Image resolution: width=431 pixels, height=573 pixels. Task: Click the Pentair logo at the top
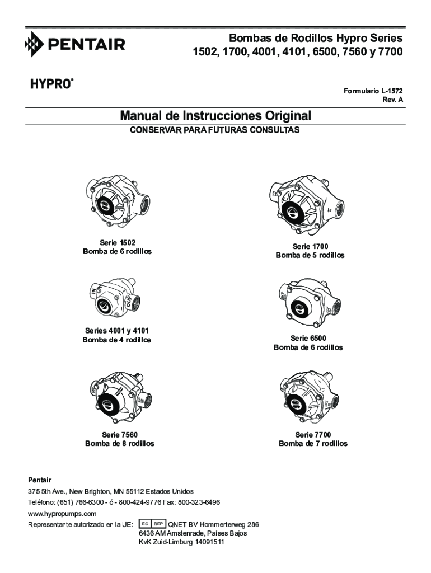[75, 44]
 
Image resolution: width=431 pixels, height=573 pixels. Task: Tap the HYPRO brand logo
[51, 84]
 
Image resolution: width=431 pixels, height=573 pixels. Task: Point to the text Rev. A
[392, 100]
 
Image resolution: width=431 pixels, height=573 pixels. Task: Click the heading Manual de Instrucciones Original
[215, 116]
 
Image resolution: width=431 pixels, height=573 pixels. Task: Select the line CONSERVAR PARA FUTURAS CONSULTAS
[215, 130]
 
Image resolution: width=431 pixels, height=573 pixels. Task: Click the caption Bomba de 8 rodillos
[120, 444]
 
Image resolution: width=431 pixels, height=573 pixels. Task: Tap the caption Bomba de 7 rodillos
[313, 444]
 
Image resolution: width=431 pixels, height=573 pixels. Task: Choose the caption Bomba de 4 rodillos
[116, 340]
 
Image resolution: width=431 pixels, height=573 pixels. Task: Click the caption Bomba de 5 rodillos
[310, 255]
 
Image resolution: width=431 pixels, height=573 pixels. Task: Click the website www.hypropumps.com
[62, 513]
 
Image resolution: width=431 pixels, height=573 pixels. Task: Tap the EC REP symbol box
[152, 524]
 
